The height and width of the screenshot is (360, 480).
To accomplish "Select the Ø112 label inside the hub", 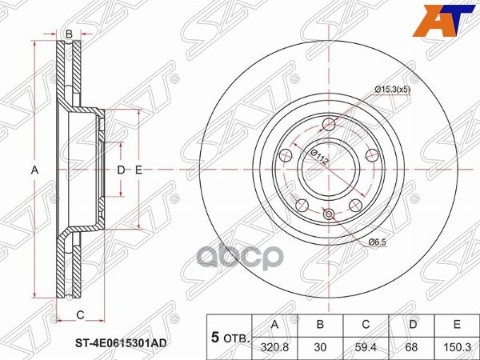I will [x=318, y=156].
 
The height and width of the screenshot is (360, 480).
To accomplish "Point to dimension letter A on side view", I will [x=34, y=170].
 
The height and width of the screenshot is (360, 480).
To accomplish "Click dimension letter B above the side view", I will [x=69, y=34].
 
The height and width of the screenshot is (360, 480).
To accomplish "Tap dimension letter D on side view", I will [x=121, y=170].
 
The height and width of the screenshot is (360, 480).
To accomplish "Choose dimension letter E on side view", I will [x=138, y=170].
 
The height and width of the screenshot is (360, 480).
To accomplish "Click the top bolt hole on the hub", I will [x=330, y=124].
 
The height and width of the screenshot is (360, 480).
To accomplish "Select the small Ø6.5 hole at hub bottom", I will [x=330, y=213].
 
